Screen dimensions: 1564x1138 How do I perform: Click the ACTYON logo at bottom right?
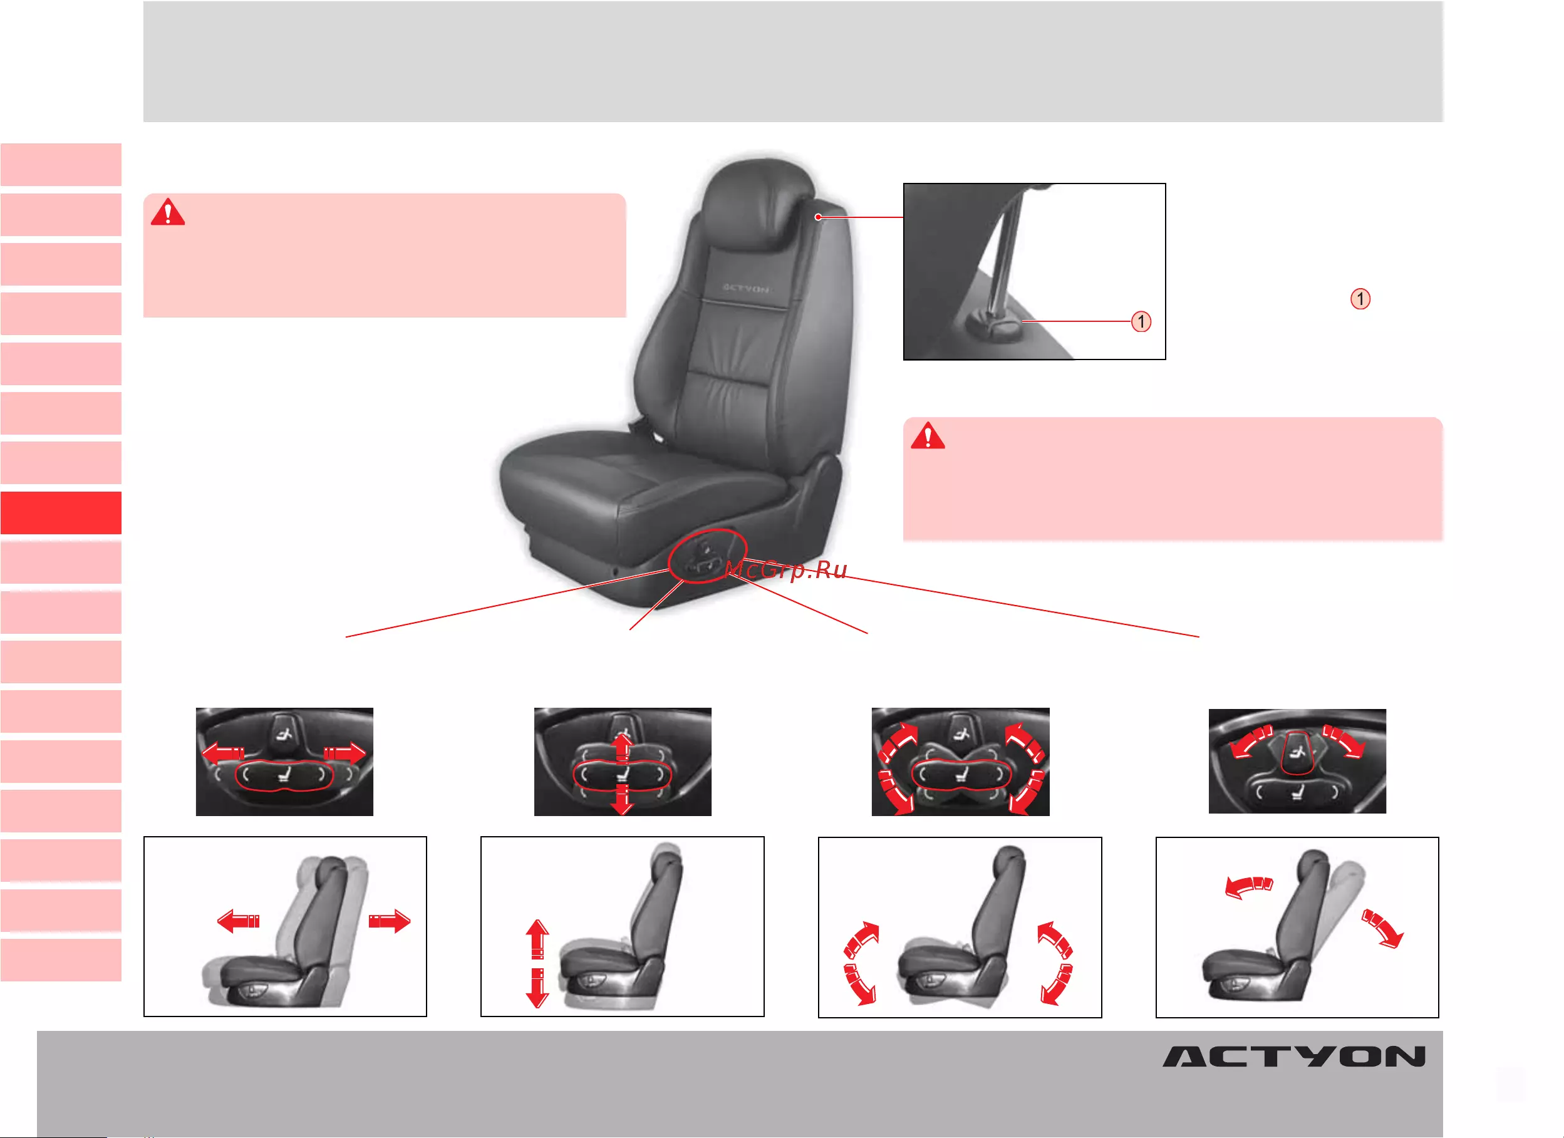[x=1293, y=1057]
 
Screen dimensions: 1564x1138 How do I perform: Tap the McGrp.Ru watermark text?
[x=785, y=570]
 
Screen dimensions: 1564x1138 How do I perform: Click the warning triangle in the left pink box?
[x=168, y=212]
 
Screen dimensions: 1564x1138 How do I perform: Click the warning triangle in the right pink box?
[x=928, y=435]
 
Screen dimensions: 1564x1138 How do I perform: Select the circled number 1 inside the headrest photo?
[x=1141, y=321]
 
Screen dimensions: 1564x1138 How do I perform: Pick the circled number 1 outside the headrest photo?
[x=1360, y=299]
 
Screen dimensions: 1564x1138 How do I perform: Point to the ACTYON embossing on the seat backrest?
[x=745, y=287]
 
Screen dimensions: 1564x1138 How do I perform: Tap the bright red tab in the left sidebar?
[x=61, y=512]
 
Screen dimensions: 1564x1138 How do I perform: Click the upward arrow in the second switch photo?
[x=622, y=747]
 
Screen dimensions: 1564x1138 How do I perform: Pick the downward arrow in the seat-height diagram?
[x=537, y=988]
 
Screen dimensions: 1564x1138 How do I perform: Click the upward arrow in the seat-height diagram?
[x=537, y=939]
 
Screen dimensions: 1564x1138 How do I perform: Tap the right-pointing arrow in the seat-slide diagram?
[x=390, y=921]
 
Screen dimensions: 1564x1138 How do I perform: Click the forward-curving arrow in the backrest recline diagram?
[x=1248, y=887]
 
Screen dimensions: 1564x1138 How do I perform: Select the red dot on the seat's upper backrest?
[x=818, y=217]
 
